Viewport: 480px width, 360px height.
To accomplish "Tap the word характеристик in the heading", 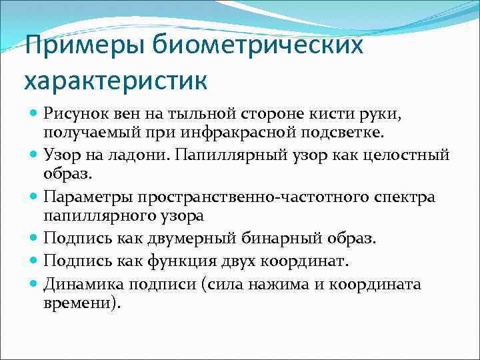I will coord(116,81).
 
